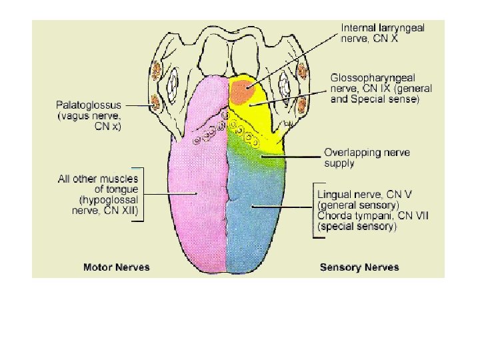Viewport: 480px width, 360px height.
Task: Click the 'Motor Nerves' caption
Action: pyautogui.click(x=116, y=267)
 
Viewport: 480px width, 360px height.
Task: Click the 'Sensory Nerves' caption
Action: pyautogui.click(x=359, y=267)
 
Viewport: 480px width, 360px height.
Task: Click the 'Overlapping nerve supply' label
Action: pyautogui.click(x=367, y=157)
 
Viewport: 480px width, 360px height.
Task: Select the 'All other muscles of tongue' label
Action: pyautogui.click(x=98, y=183)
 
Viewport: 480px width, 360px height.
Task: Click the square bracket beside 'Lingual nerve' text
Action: pyautogui.click(x=314, y=211)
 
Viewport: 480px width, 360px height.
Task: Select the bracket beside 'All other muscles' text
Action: pyautogui.click(x=141, y=193)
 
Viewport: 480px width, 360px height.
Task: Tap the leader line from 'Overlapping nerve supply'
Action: pyautogui.click(x=293, y=157)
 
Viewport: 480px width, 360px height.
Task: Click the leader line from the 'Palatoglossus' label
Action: pyautogui.click(x=143, y=105)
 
